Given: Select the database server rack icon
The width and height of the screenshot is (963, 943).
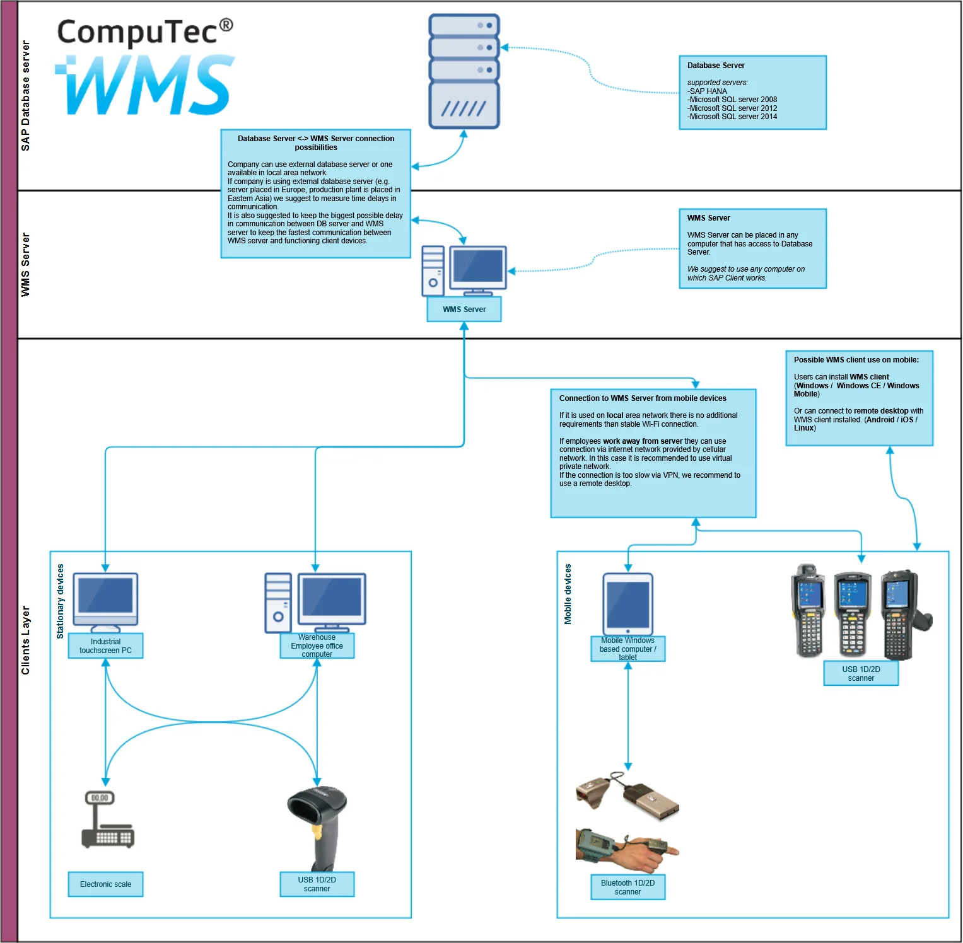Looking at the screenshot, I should tap(464, 71).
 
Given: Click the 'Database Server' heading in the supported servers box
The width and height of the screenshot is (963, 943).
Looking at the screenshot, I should tap(716, 66).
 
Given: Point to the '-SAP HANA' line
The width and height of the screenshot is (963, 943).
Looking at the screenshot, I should tap(708, 91).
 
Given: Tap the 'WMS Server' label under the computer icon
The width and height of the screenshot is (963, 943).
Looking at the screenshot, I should tap(464, 310).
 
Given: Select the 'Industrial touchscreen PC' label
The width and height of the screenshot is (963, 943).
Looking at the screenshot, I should tap(106, 646).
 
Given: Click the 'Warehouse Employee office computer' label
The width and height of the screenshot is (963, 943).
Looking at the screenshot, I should tap(317, 646).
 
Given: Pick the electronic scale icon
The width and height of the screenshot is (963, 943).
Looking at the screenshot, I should tap(107, 819).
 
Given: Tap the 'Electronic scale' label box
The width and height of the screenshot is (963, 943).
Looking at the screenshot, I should tap(106, 884).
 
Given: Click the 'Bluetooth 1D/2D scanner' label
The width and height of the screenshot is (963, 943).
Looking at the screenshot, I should tap(628, 888).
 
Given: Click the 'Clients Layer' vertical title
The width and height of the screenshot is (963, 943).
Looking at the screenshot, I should tap(26, 640).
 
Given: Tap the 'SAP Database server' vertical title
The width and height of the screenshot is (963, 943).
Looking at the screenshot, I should tap(26, 96).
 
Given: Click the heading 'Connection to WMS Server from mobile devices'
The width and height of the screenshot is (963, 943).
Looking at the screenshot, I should tap(643, 398).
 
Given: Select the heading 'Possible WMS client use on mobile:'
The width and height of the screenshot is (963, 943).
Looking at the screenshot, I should tap(856, 360).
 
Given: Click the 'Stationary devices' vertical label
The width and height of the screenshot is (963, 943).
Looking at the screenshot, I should tap(61, 601).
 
